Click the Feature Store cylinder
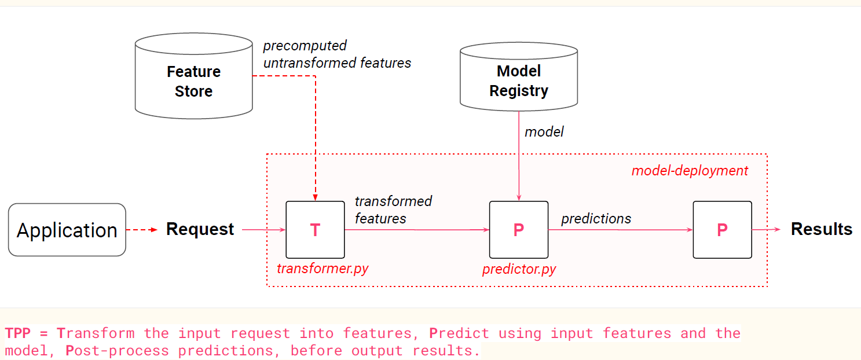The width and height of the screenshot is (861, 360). [194, 76]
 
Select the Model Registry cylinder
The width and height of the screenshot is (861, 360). [519, 77]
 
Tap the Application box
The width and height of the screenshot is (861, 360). [67, 230]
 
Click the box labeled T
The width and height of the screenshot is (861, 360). [315, 230]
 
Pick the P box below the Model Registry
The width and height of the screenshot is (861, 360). [519, 230]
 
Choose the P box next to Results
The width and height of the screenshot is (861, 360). [722, 230]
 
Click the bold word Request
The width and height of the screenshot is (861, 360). [200, 229]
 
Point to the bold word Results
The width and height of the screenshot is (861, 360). [822, 229]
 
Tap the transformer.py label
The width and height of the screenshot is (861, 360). [323, 269]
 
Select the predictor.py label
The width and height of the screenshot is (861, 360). [519, 269]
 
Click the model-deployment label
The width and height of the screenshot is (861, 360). [690, 171]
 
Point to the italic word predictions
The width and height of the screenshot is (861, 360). [596, 219]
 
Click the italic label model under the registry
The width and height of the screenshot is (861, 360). [544, 132]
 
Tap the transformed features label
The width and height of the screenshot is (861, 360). [393, 210]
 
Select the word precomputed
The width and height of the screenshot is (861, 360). [305, 46]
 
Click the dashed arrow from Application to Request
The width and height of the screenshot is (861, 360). [142, 230]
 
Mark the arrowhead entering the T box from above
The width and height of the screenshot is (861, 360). [315, 197]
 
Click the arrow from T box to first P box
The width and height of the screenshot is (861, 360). [417, 230]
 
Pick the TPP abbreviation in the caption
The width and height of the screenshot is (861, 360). [18, 333]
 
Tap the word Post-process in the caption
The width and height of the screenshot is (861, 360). [117, 350]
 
